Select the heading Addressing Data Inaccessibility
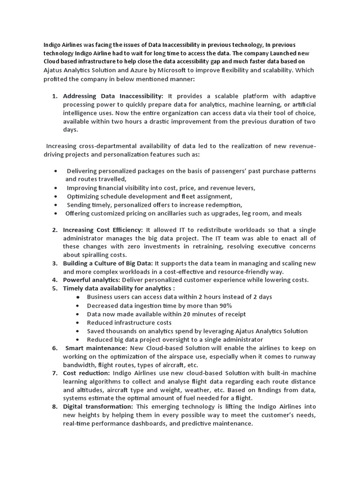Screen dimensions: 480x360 tap(113, 96)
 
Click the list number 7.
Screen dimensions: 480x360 tap(55, 373)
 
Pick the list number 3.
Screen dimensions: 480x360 tap(55, 263)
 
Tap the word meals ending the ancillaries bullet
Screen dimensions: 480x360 tap(292, 213)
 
